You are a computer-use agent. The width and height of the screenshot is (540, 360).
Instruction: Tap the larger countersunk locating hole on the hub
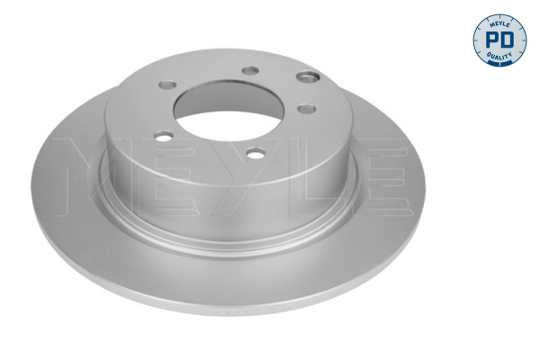click(310, 80)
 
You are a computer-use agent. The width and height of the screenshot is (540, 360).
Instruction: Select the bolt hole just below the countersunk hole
click(306, 109)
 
